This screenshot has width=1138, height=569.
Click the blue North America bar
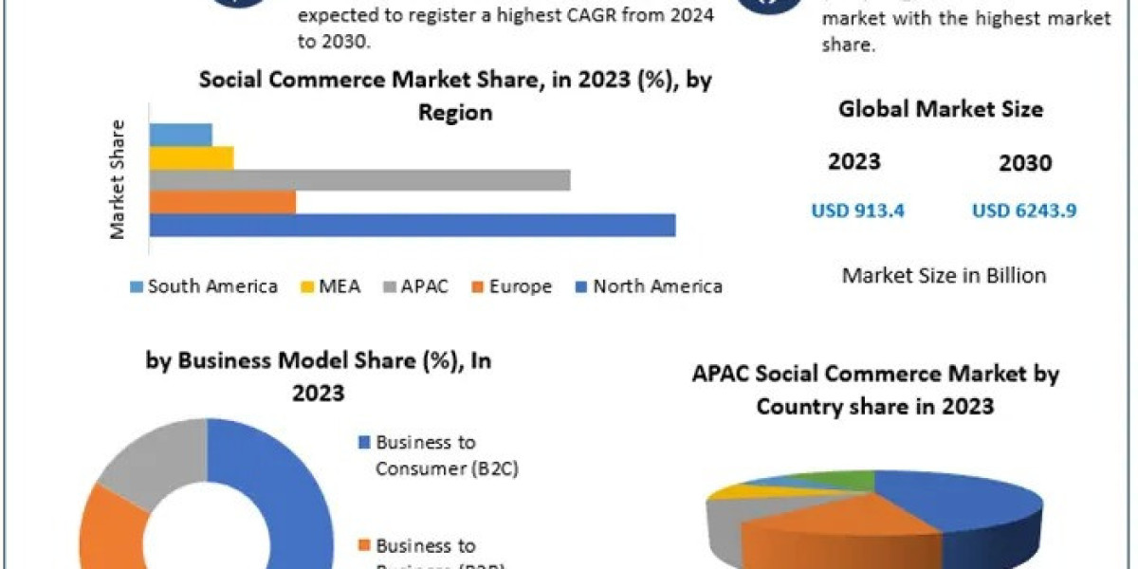click(x=413, y=225)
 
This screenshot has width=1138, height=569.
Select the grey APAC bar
click(x=360, y=180)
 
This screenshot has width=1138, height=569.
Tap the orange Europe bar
click(x=223, y=202)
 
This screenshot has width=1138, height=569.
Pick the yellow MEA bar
click(x=192, y=157)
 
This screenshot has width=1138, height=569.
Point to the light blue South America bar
click(x=181, y=135)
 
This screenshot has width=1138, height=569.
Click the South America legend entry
click(x=203, y=286)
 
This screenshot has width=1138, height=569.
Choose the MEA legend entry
click(x=332, y=286)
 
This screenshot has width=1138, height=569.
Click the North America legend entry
click(x=649, y=286)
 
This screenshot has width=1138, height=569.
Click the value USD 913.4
click(x=857, y=211)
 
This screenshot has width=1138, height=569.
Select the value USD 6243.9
click(x=1024, y=211)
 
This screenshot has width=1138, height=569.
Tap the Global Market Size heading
click(x=941, y=109)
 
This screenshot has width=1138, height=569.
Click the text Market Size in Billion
click(x=944, y=276)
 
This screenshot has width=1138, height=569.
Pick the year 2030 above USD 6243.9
click(x=1025, y=163)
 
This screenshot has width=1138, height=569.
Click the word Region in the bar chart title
click(x=455, y=112)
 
